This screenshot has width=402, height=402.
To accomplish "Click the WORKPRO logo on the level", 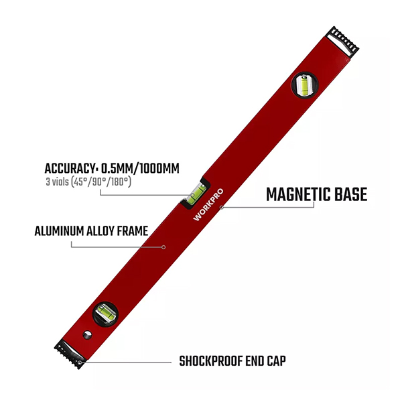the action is pos(208,204).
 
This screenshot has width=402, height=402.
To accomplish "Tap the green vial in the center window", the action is pos(196,194).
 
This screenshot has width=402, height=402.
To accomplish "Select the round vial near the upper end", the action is pos(305,85).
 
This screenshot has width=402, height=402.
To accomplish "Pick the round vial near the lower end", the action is pos(105,314).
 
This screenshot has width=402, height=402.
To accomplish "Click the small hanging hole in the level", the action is pos(87,335).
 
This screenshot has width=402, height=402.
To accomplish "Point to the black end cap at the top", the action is pos(342,42).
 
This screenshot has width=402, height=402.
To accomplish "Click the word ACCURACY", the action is pos(69,169).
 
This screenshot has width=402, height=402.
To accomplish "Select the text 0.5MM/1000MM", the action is pos(140,169).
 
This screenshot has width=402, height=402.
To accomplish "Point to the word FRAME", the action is pos(133,231).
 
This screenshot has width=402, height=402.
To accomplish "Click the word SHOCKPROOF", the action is pos(210,361).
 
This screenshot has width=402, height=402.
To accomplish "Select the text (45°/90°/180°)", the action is pos(101,182).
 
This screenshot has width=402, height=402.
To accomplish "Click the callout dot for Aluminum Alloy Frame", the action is pos(163,247).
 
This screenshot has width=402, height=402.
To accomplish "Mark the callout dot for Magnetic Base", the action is pos(222,207).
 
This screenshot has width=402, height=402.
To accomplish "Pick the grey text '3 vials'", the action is pos(57,182).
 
